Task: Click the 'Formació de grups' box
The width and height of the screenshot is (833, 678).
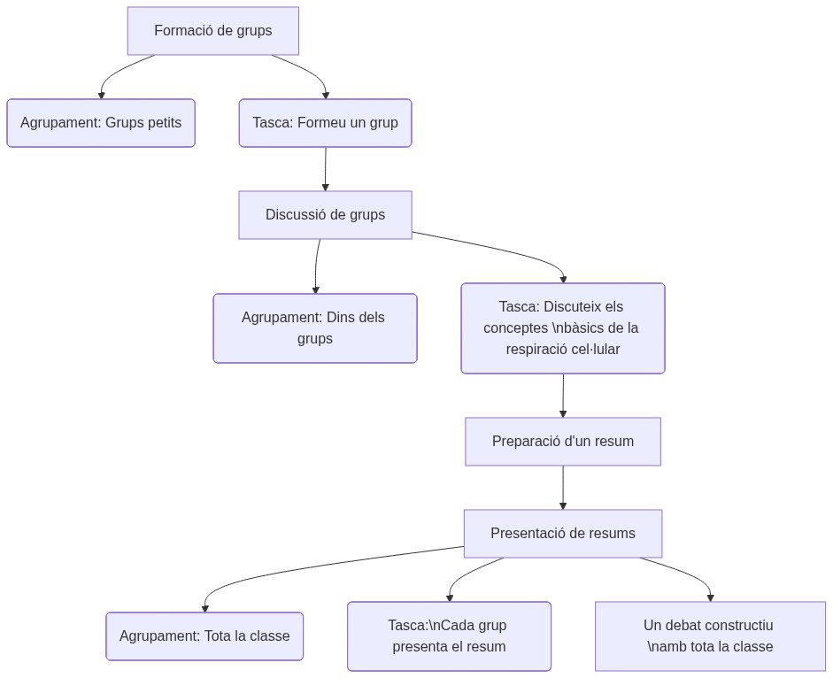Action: click(212, 31)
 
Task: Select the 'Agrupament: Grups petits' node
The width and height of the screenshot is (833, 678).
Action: click(101, 123)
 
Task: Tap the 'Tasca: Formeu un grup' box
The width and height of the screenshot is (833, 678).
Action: click(325, 123)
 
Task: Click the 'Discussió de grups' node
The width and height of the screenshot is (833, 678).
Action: click(325, 215)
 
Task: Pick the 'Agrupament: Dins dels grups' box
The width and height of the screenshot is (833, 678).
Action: click(314, 328)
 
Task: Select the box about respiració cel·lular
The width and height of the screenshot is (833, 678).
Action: click(562, 328)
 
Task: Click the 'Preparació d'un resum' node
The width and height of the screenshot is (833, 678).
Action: click(562, 442)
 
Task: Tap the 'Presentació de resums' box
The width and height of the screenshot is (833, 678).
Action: click(562, 534)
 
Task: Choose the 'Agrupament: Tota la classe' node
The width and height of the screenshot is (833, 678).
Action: click(204, 636)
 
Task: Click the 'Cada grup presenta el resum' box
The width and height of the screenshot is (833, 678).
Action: click(449, 636)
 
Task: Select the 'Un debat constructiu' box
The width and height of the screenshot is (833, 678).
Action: click(710, 636)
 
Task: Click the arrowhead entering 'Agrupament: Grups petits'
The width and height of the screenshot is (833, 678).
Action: click(101, 95)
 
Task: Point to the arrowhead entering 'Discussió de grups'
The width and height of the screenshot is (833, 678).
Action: click(325, 187)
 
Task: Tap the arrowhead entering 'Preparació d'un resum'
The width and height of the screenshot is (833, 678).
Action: click(562, 413)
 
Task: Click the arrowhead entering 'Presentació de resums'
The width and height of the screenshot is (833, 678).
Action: click(562, 505)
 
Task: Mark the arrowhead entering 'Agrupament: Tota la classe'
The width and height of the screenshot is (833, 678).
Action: click(204, 608)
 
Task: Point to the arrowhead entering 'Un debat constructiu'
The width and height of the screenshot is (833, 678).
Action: click(710, 597)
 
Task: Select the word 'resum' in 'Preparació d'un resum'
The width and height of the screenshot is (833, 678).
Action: click(613, 442)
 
